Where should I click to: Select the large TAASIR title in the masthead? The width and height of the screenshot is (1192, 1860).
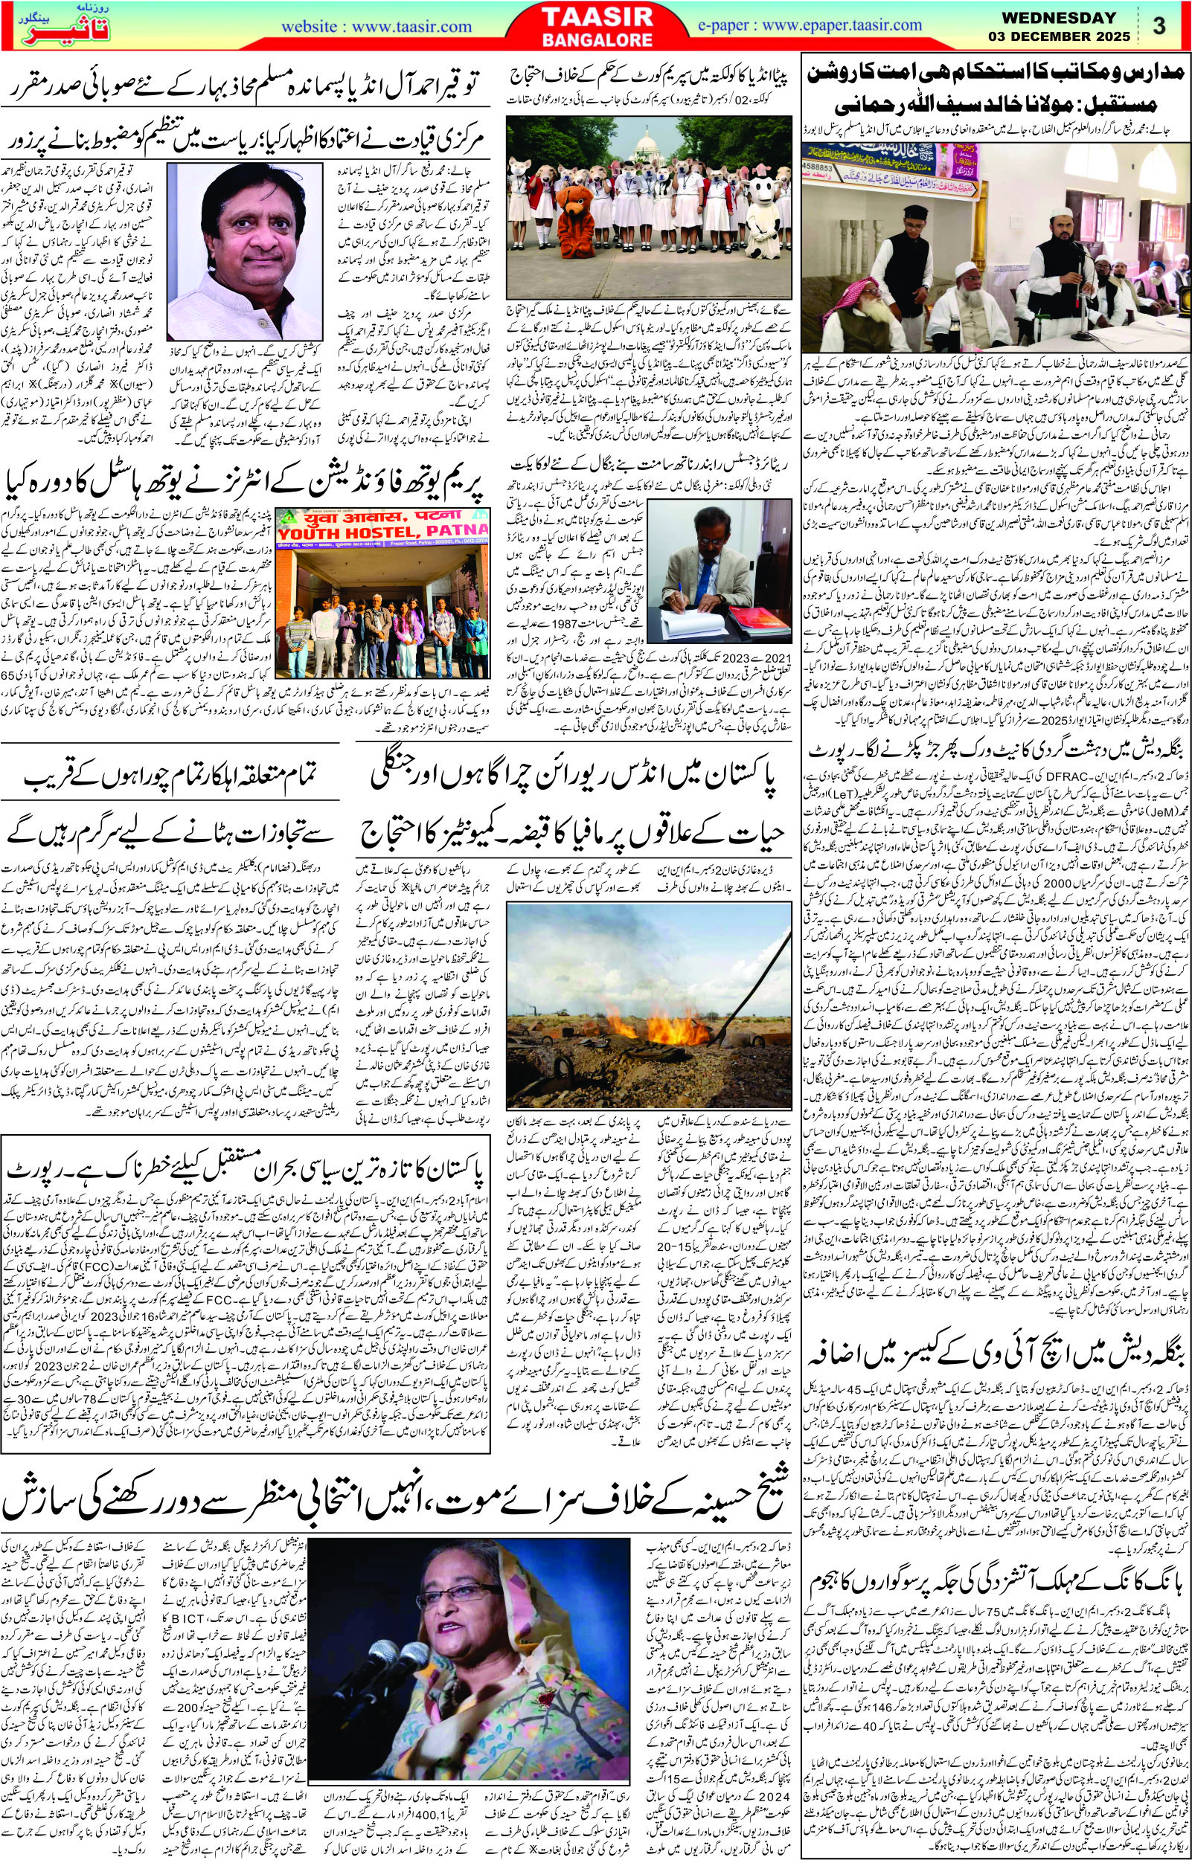(596, 16)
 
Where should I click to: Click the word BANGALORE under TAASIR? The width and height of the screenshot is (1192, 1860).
(595, 39)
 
